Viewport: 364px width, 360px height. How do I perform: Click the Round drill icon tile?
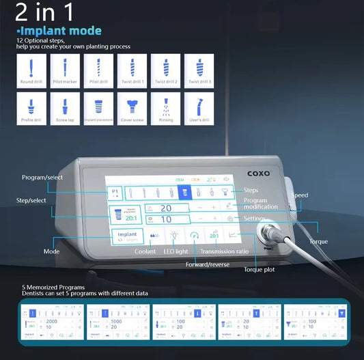tap(29, 70)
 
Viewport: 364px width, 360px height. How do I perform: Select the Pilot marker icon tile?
tap(64, 70)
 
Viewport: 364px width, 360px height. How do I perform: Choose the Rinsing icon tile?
tap(165, 109)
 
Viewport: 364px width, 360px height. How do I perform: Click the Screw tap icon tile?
tap(64, 109)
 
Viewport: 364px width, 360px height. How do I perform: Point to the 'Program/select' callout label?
tap(41, 177)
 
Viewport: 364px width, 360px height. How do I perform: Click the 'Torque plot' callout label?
tap(259, 269)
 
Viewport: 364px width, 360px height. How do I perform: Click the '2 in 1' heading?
tap(44, 14)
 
